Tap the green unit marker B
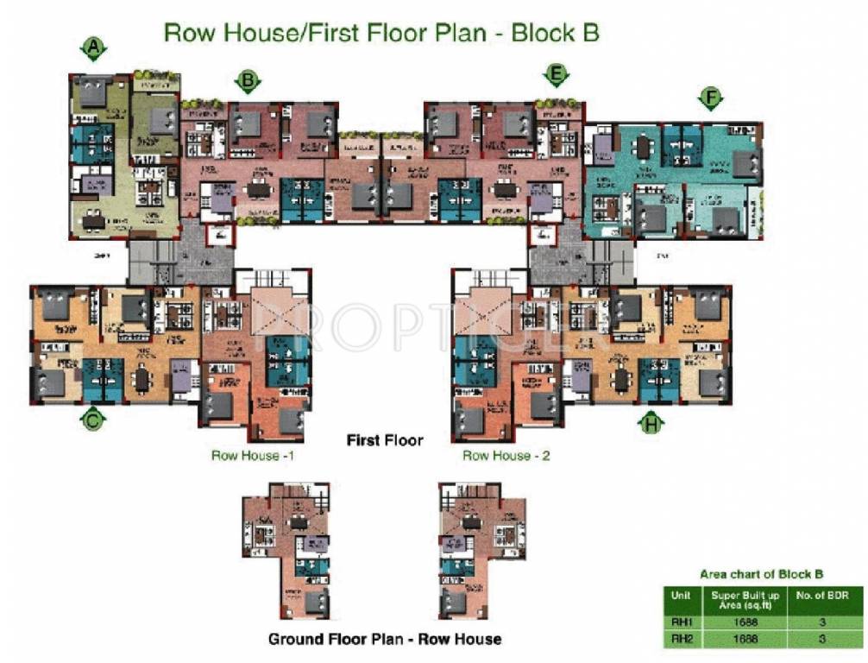248,81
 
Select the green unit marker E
557,76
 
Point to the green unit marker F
710,99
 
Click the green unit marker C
92,420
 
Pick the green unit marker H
651,422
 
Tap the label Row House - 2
506,455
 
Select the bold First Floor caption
385,440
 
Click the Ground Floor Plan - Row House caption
385,639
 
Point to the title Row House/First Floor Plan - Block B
381,34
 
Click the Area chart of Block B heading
760,574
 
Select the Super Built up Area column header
745,599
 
